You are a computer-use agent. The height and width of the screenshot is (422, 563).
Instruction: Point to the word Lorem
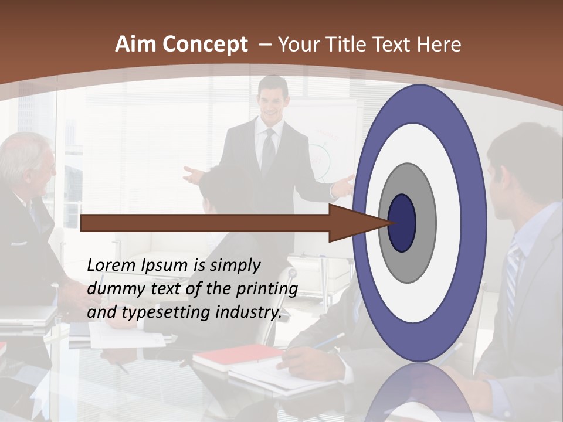[x=112, y=266]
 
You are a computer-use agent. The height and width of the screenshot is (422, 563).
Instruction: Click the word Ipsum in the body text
[x=165, y=266]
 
